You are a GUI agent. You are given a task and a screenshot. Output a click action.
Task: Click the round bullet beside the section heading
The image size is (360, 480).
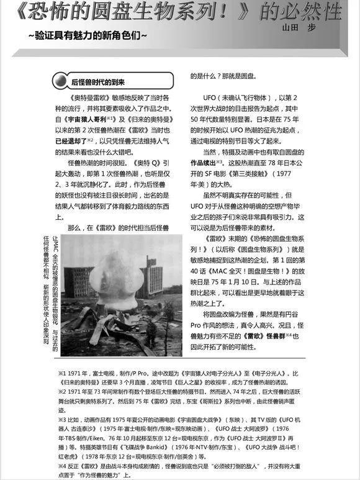61,82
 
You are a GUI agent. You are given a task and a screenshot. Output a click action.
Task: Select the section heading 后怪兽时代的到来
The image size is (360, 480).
98,82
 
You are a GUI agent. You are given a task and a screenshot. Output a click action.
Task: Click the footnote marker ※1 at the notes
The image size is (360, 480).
62,374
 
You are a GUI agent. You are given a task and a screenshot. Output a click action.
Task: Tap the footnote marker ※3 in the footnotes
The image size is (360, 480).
62,419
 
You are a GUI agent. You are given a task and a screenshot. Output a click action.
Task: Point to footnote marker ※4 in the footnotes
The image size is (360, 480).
62,465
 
